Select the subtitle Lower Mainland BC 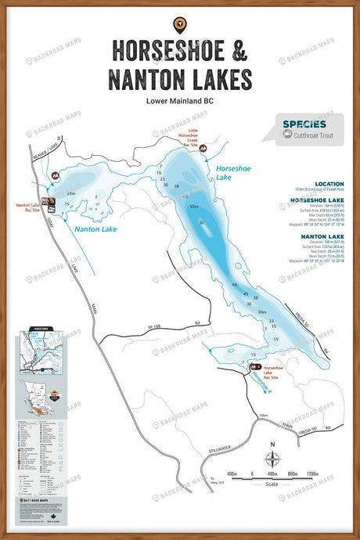click(x=179, y=101)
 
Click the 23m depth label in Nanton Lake click(x=70, y=193)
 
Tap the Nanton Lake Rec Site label click(x=29, y=207)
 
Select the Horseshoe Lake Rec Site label click(x=275, y=371)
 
